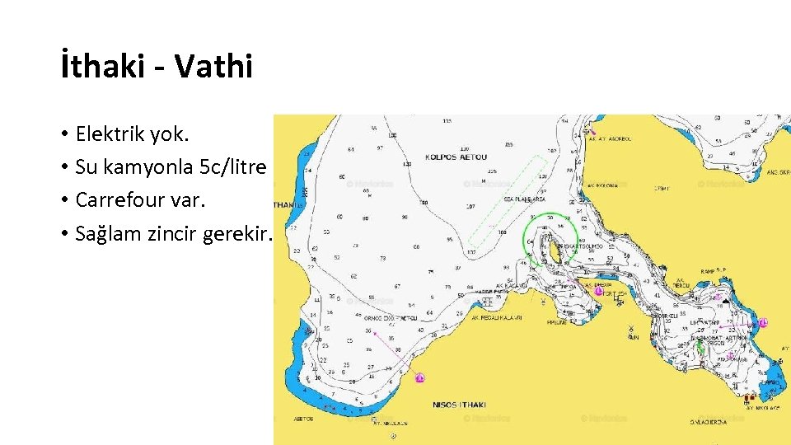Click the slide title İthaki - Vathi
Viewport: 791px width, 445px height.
tap(157, 67)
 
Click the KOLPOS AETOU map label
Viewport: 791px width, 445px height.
tap(456, 157)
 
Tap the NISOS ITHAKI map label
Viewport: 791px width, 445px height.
tap(460, 405)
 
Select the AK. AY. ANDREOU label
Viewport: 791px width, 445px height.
tap(610, 138)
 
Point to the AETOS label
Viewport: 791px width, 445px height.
tap(303, 419)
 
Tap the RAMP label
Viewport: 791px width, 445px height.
tap(709, 270)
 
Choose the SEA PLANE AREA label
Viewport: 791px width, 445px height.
tap(525, 199)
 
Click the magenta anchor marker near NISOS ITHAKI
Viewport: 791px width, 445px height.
tap(419, 377)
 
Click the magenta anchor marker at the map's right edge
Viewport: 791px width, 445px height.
tap(764, 322)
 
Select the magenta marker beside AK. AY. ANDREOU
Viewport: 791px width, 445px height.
tap(588, 130)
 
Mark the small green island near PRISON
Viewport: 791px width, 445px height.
tap(701, 347)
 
